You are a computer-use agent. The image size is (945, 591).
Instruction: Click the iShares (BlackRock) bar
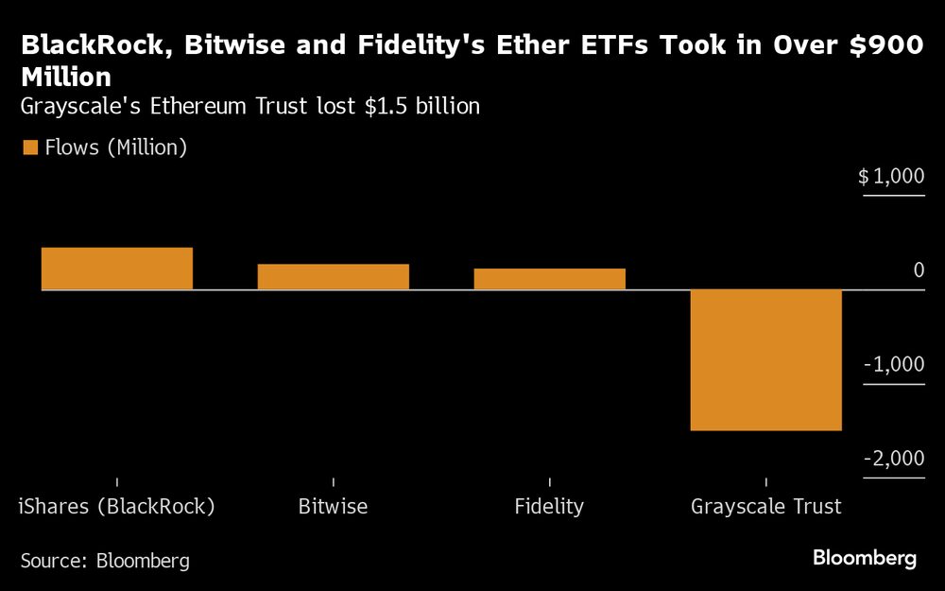tap(117, 269)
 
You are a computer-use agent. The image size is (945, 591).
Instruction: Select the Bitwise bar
tap(333, 276)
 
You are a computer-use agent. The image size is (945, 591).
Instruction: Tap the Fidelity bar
tap(549, 279)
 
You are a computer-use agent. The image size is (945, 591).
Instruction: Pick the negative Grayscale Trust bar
tap(765, 359)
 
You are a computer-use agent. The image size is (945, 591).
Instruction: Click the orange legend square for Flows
tap(29, 148)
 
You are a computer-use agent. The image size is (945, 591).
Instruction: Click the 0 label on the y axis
tap(919, 270)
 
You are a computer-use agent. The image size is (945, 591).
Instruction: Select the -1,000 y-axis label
tap(893, 365)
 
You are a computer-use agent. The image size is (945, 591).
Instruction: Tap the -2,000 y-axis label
tap(893, 459)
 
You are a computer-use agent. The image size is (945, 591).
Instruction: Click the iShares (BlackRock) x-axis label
tap(117, 507)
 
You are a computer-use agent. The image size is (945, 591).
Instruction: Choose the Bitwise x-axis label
tap(333, 507)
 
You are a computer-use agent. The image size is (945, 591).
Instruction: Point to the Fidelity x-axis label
tap(549, 507)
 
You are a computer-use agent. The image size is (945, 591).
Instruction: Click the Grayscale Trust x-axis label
tap(765, 507)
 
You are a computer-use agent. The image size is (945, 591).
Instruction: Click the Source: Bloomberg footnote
tap(105, 561)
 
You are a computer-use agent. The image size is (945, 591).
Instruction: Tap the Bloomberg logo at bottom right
tap(865, 559)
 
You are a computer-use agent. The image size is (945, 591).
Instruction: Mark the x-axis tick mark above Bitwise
tap(333, 483)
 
